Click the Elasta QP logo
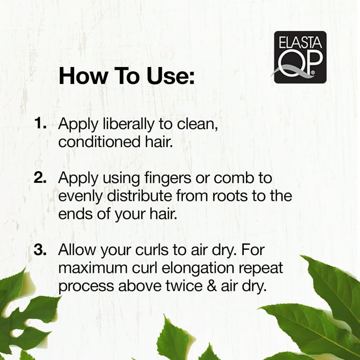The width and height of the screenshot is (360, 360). tap(300, 57)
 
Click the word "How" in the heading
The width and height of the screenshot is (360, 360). tap(83, 76)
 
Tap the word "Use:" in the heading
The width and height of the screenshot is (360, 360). tap(171, 76)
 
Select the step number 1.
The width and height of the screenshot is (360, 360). tap(40, 123)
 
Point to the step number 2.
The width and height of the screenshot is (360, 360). tap(40, 178)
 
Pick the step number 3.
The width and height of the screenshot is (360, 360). tap(40, 249)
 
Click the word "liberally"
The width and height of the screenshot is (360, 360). tap(128, 124)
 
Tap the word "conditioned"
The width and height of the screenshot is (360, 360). tap(99, 142)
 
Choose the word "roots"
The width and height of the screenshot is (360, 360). tap(230, 196)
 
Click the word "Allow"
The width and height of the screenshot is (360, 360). tap(77, 250)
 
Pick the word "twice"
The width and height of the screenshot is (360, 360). tap(184, 286)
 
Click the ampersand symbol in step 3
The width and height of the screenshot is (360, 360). tap(212, 286)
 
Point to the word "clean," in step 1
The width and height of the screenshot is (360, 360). tap(197, 124)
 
